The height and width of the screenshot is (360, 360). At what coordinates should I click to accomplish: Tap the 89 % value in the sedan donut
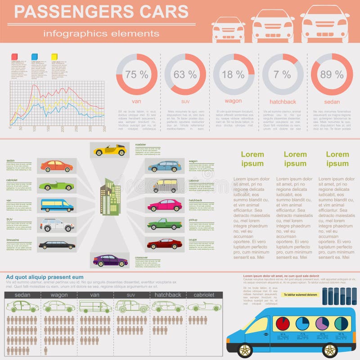pyautogui.click(x=332, y=75)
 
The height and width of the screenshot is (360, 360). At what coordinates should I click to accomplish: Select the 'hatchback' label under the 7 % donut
pyautogui.click(x=283, y=102)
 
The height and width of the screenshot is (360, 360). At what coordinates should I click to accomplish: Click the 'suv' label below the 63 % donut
pyautogui.click(x=185, y=102)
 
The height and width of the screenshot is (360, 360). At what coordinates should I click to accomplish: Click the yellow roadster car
pyautogui.click(x=110, y=150)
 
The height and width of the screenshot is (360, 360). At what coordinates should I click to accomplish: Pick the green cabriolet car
pyautogui.click(x=56, y=185)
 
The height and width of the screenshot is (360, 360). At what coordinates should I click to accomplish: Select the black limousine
pyautogui.click(x=57, y=245)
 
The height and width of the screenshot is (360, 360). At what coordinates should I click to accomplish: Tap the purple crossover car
pyautogui.click(x=110, y=260)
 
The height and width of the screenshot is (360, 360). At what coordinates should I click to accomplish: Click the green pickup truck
pyautogui.click(x=164, y=224)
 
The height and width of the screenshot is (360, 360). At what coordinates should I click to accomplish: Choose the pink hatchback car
pyautogui.click(x=164, y=205)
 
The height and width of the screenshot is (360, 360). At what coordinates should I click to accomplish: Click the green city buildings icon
pyautogui.click(x=110, y=197)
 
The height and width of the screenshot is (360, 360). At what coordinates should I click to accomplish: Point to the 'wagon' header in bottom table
pyautogui.click(x=59, y=295)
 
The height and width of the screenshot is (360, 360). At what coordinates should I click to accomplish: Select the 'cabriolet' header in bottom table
pyautogui.click(x=204, y=295)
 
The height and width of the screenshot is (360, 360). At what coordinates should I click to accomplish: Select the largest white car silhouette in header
pyautogui.click(x=325, y=23)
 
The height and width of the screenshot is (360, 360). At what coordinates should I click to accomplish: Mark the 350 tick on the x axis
pyautogui.click(x=104, y=128)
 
